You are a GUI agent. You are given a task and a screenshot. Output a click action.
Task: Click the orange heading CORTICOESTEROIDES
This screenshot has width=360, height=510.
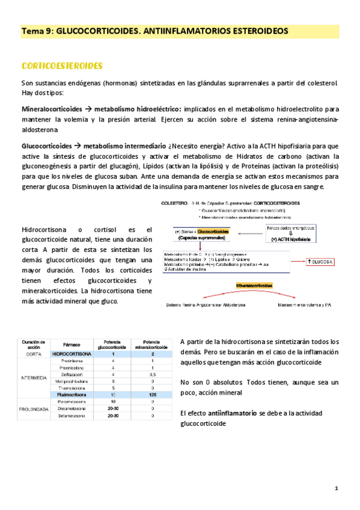point(62,65)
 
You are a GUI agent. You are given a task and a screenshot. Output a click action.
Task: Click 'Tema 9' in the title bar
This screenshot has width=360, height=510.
point(37,30)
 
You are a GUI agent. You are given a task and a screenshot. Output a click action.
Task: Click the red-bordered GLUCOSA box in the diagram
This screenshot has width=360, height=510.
point(320,262)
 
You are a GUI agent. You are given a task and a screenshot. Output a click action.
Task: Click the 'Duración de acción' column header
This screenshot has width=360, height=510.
point(33,344)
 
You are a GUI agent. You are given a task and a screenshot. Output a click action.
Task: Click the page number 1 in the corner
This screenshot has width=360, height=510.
point(337,488)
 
